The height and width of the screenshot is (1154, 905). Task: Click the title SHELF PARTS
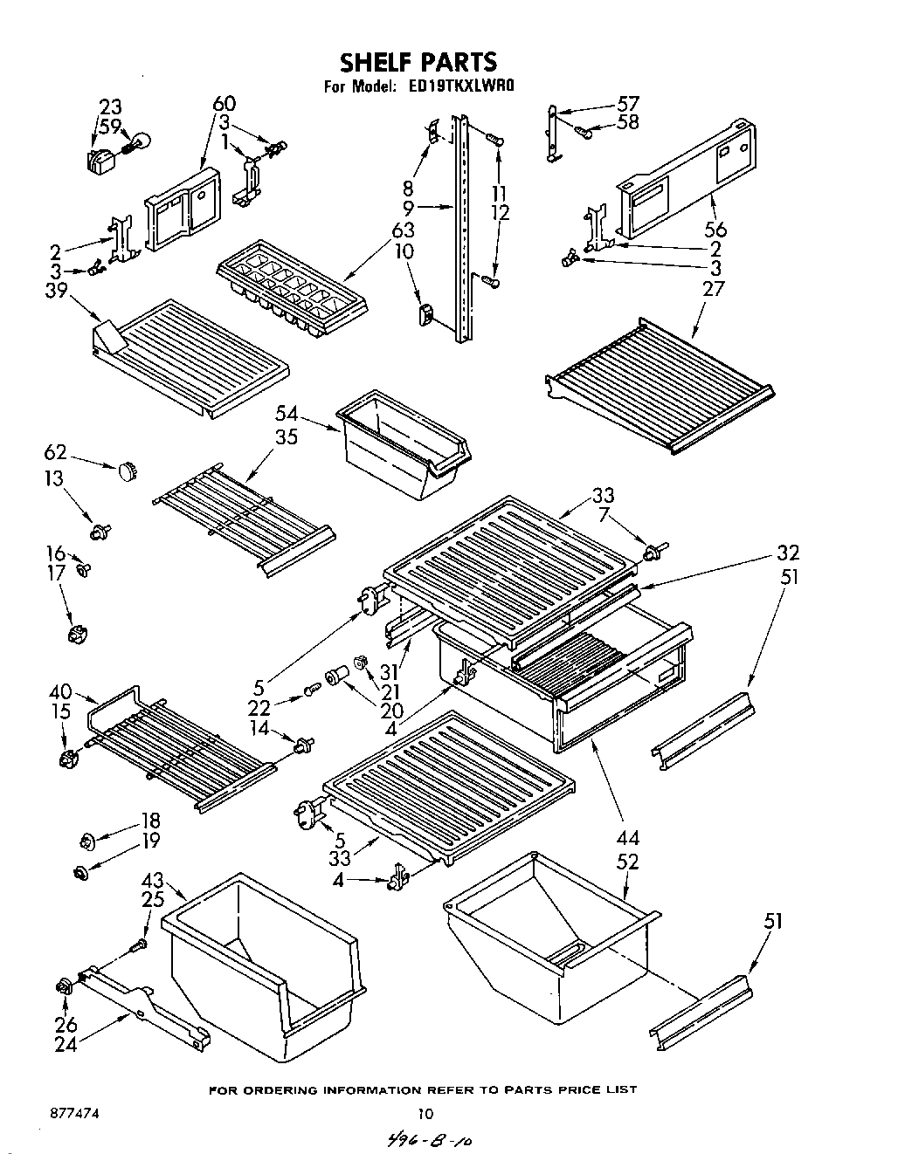418,62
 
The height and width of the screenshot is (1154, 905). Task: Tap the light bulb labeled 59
141,141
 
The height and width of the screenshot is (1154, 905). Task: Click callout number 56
715,230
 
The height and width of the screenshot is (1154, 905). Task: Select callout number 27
714,287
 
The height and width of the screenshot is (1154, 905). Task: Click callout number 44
627,839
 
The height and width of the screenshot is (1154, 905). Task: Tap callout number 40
61,692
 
